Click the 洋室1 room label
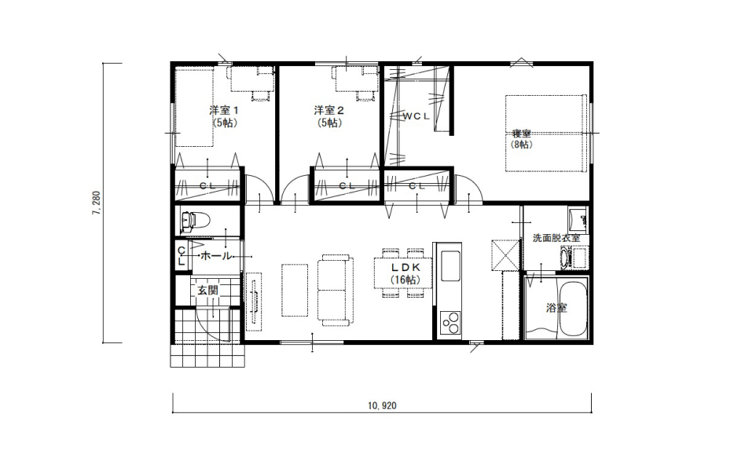coord(224,111)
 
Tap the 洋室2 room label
coord(329,111)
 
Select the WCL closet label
coord(417,116)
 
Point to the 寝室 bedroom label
coord(521,134)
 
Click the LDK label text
coord(406,268)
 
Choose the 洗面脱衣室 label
coord(556,238)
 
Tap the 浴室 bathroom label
coord(556,308)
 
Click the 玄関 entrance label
coord(207,290)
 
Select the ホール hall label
coord(216,256)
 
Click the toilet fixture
coord(195,221)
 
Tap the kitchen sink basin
coord(450,265)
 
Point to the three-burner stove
coord(450,323)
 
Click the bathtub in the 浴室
coord(573,309)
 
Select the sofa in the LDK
coord(335,290)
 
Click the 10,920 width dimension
coord(382,406)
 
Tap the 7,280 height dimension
coord(97,203)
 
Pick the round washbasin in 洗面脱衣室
coord(564,258)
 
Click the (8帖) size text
coord(521,145)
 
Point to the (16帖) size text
coord(406,280)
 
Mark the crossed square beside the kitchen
coord(505,255)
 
